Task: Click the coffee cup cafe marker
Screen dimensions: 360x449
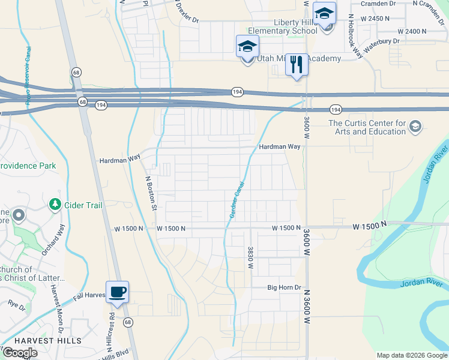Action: click(x=117, y=292)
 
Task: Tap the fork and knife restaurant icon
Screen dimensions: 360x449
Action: click(x=296, y=64)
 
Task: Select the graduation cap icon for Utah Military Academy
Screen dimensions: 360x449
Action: click(x=247, y=46)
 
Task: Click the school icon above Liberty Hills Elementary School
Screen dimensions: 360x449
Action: click(x=325, y=14)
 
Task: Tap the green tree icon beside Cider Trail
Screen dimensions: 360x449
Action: click(x=55, y=205)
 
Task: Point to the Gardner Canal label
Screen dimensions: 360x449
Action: click(x=235, y=199)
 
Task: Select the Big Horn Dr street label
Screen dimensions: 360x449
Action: click(x=284, y=287)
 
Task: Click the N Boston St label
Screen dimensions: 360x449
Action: click(x=151, y=193)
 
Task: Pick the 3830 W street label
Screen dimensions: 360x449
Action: click(x=250, y=257)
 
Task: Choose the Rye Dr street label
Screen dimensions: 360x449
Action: click(x=17, y=305)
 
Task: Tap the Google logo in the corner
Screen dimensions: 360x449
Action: click(x=20, y=352)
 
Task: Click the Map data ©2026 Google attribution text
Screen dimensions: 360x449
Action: click(x=412, y=355)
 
